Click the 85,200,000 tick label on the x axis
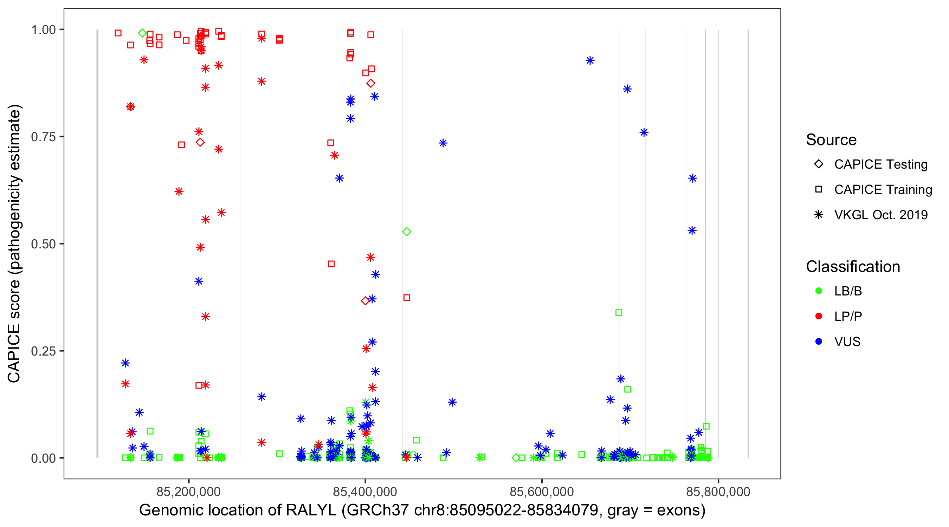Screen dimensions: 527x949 tap(188, 492)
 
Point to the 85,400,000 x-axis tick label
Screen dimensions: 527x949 tap(365, 492)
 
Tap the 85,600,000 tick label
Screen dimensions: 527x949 tap(541, 492)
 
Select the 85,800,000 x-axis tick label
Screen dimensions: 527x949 tap(718, 492)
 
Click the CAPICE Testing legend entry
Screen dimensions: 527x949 tap(880, 164)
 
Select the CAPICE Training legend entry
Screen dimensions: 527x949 tap(883, 190)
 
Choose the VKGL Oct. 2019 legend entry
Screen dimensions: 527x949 tap(880, 215)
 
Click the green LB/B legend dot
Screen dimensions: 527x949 tap(819, 291)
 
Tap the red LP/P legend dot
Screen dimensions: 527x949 tap(819, 316)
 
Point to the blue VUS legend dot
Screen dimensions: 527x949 tap(819, 341)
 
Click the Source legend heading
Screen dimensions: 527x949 tap(831, 140)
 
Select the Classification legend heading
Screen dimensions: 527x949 tap(853, 267)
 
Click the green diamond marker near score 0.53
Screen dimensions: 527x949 tap(406, 232)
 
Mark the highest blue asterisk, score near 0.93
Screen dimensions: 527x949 tap(590, 60)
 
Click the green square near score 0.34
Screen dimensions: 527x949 tap(619, 313)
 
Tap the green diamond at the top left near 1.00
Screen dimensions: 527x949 tap(143, 33)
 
